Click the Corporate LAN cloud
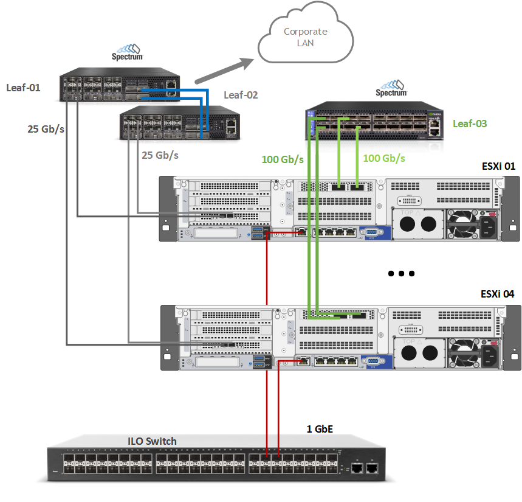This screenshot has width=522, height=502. [305, 38]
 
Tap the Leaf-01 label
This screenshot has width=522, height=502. [23, 88]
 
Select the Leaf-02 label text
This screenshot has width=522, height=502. [241, 95]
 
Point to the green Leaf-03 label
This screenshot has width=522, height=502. [470, 124]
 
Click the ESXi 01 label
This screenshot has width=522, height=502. [497, 166]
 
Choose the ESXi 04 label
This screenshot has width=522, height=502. [497, 294]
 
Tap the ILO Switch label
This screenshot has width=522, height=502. [152, 441]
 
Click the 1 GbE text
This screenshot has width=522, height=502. [320, 430]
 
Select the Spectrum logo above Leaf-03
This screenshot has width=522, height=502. [391, 88]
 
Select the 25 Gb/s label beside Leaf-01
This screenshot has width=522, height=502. [46, 129]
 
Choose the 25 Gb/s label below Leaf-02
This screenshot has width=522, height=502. [160, 155]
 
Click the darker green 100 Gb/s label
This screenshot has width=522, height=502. [283, 160]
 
